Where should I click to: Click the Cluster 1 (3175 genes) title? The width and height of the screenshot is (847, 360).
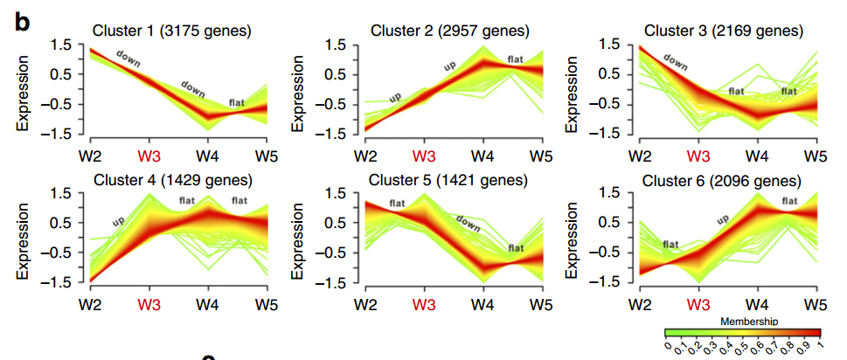(172, 31)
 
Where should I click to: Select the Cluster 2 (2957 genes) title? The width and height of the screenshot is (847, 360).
(449, 31)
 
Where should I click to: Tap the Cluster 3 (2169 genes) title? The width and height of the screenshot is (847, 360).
(724, 31)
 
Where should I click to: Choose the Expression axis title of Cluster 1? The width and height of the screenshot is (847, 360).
(24, 91)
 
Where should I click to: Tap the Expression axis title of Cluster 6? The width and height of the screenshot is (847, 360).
(575, 240)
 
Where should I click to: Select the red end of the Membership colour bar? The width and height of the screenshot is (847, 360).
(819, 333)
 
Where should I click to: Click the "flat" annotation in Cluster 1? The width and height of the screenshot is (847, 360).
(237, 102)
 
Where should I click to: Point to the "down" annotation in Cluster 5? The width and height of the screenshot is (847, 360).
(469, 222)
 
